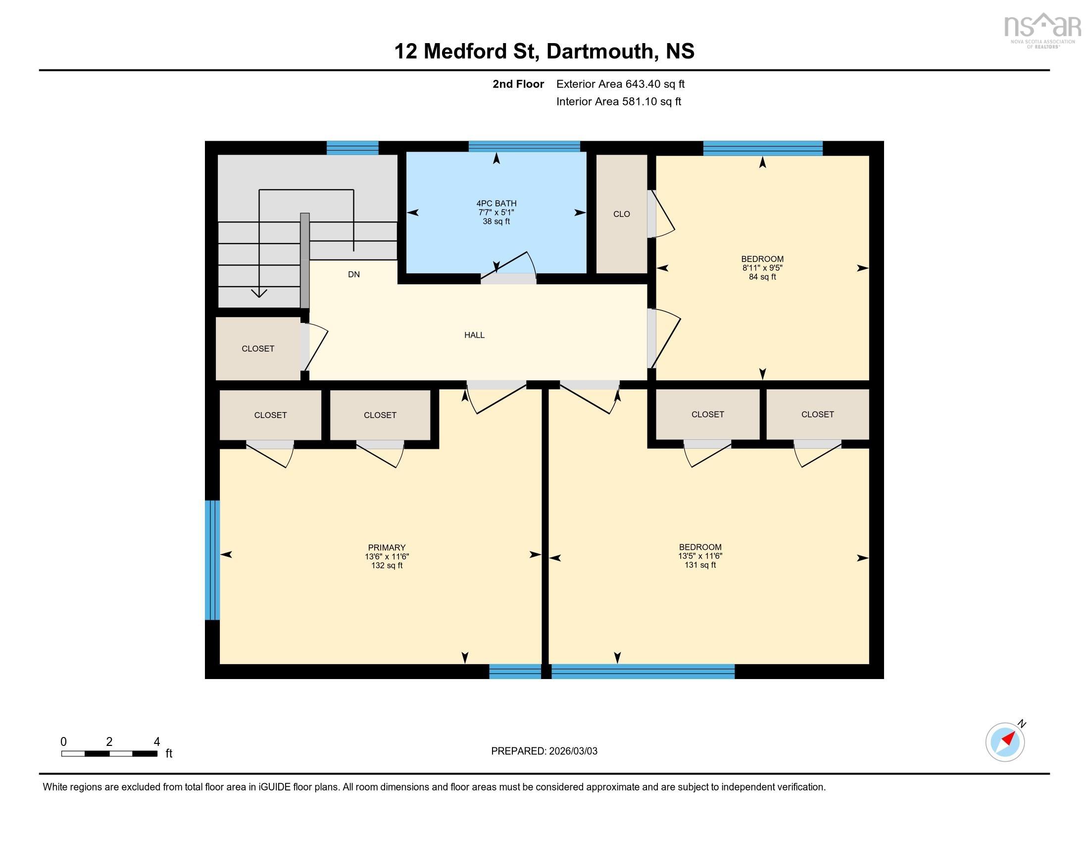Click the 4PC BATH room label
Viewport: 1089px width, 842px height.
coord(496,204)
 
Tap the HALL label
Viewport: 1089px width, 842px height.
coord(474,335)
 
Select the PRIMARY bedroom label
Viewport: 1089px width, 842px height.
coord(387,547)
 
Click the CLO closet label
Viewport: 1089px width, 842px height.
coord(621,214)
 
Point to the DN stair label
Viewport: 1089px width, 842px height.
coord(353,274)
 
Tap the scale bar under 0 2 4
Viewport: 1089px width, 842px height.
coord(109,753)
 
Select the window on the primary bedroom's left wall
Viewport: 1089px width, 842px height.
coord(212,560)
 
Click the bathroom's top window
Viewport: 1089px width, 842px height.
coord(524,147)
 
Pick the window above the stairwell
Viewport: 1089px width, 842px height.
coord(352,148)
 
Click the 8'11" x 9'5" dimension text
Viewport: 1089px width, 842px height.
coord(762,268)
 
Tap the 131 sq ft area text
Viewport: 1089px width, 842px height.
coord(700,565)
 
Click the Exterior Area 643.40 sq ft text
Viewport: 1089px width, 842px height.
coord(620,84)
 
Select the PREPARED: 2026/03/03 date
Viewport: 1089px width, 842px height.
coord(544,751)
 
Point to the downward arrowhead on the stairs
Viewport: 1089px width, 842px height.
coord(259,293)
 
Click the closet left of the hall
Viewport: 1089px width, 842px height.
coord(258,349)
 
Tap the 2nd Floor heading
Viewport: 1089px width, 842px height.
coord(518,84)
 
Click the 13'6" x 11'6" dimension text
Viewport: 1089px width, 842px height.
coord(387,557)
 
